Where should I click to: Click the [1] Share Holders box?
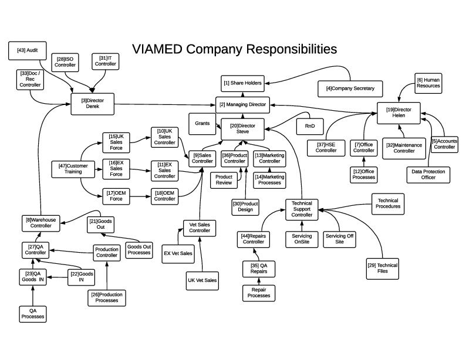pos(242,83)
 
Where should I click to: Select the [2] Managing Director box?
pos(242,105)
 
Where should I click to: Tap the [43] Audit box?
pos(27,51)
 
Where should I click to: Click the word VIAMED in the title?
pos(157,49)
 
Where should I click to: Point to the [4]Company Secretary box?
pos(350,89)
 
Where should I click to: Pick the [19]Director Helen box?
pos(403,112)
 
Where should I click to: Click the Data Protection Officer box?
pos(429,174)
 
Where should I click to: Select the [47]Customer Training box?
pos(73,169)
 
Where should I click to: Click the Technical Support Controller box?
pos(302,209)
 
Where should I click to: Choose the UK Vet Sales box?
pos(202,281)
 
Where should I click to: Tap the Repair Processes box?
pos(259,292)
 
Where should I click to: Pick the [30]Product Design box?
pos(245,206)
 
